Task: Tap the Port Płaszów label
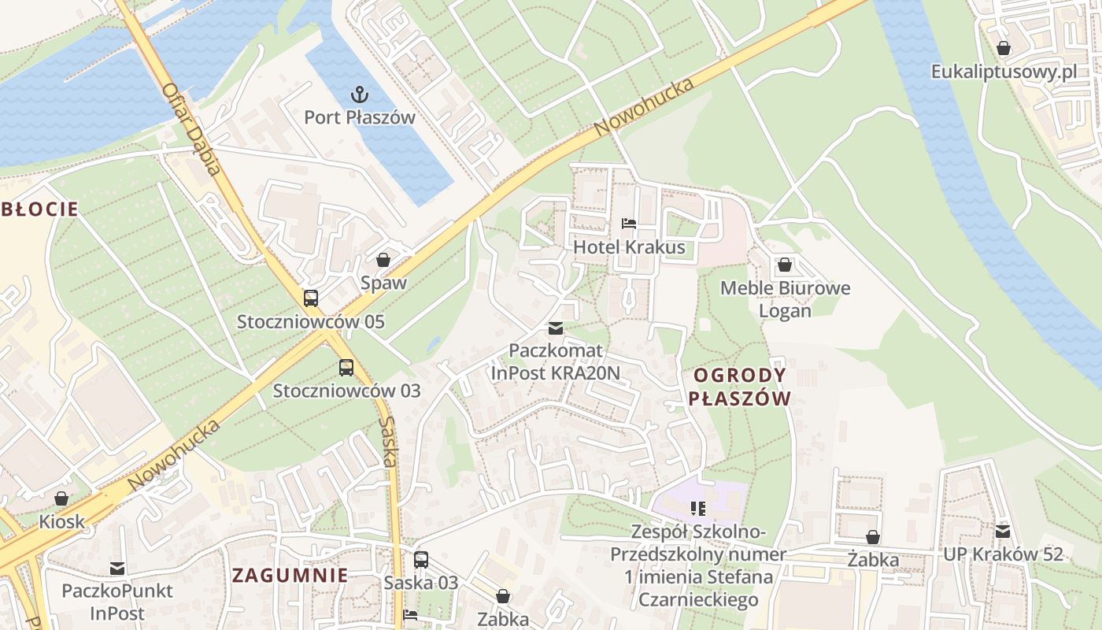(360, 117)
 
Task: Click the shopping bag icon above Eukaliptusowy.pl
(1003, 49)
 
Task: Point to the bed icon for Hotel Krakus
(628, 224)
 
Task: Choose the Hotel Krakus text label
(629, 247)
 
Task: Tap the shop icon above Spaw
(383, 260)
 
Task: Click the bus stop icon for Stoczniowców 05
(311, 298)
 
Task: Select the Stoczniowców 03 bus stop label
(346, 391)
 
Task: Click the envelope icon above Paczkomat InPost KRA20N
(556, 328)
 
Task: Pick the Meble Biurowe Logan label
(785, 299)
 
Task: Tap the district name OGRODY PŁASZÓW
(739, 387)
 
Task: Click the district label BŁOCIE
(39, 209)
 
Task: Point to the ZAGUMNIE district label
(290, 575)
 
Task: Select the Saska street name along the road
(388, 441)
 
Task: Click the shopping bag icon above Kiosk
(61, 498)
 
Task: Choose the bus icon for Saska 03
(421, 560)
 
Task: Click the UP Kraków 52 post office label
(1003, 554)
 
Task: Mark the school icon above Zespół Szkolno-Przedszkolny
(697, 509)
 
